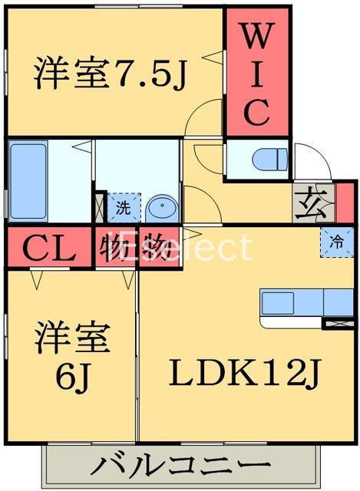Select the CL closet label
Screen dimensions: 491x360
click(x=48, y=248)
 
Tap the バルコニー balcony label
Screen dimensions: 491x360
click(x=182, y=466)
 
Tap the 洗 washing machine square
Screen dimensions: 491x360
click(x=123, y=206)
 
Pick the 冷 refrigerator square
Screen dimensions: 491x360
click(x=336, y=240)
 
